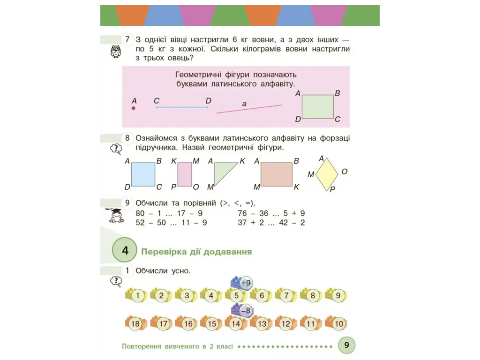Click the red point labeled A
click(134, 108)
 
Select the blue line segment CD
click(182, 107)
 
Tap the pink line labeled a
click(249, 109)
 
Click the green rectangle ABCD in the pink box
click(318, 106)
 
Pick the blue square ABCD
click(143, 174)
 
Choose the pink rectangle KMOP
click(185, 174)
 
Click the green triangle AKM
click(222, 172)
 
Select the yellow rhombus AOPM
click(327, 174)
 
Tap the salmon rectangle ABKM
click(277, 174)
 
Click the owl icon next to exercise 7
click(116, 52)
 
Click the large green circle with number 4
click(125, 250)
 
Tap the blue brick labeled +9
click(242, 282)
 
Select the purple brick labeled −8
click(242, 310)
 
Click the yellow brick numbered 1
click(136, 295)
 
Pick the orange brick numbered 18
click(136, 323)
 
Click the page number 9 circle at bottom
click(346, 345)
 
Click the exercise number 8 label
click(127, 138)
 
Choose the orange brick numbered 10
click(337, 323)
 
